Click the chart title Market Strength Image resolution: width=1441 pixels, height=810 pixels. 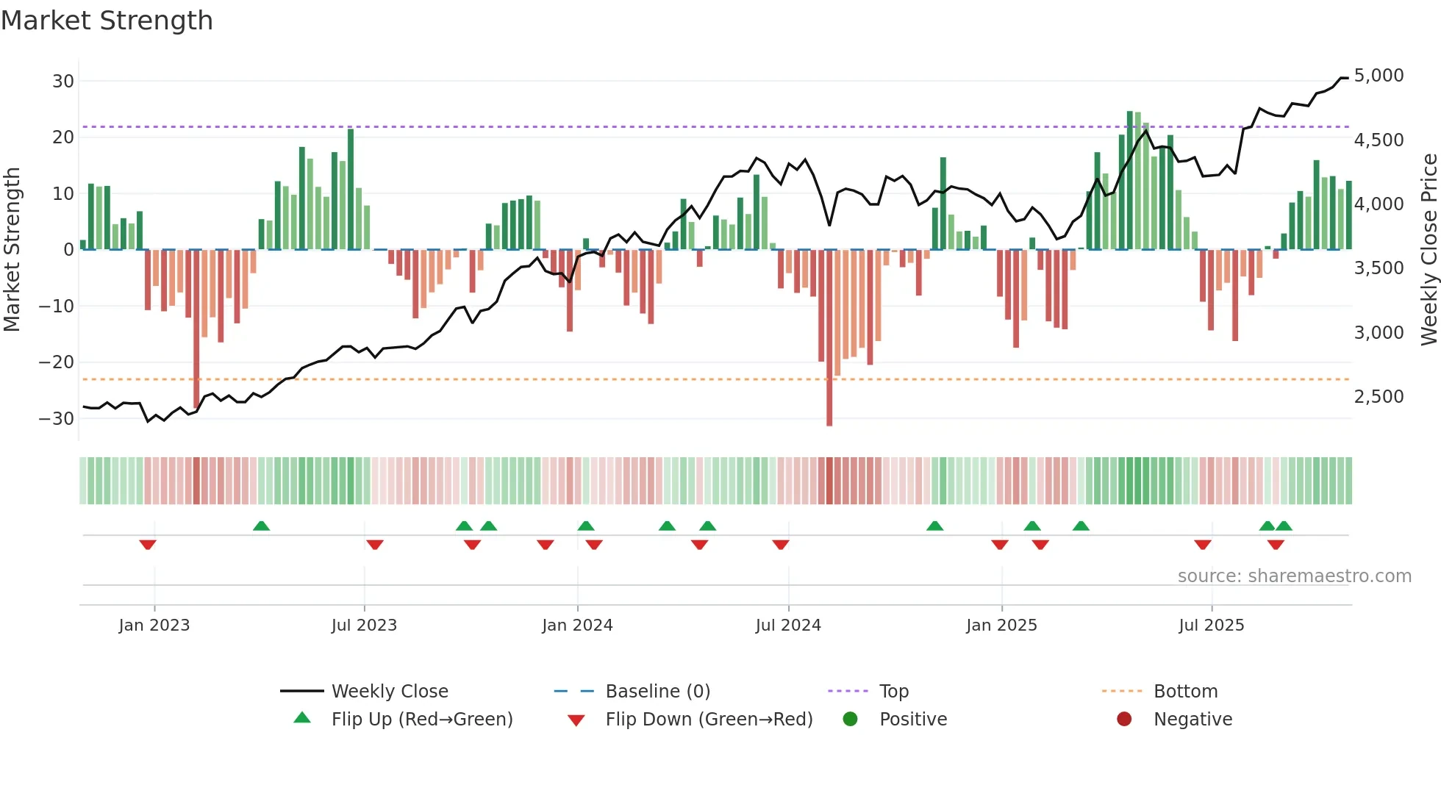click(x=107, y=21)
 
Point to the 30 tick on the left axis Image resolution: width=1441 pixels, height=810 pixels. click(x=63, y=82)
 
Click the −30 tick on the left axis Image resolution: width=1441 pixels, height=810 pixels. click(x=56, y=419)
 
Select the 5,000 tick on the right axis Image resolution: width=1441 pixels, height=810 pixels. click(x=1379, y=76)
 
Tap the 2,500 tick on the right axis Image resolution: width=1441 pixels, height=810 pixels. click(x=1379, y=397)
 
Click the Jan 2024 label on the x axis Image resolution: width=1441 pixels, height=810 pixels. click(x=577, y=626)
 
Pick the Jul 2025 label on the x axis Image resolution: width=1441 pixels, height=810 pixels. click(x=1211, y=626)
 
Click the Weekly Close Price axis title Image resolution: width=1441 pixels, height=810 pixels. click(x=1429, y=250)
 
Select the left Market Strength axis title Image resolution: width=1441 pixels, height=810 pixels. click(x=12, y=250)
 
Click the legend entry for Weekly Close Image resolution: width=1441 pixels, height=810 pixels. click(x=390, y=692)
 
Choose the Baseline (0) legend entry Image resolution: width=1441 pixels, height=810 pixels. click(x=657, y=692)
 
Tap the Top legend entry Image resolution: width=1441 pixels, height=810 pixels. click(x=894, y=692)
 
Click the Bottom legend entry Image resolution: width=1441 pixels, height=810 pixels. click(x=1185, y=692)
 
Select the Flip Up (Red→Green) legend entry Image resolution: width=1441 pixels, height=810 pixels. click(x=421, y=720)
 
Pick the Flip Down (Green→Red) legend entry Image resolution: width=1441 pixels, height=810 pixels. click(x=709, y=720)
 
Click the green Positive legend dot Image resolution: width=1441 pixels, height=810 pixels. click(x=851, y=720)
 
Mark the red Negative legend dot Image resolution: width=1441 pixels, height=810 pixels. click(x=1124, y=720)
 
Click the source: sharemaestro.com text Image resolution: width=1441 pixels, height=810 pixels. click(x=1294, y=576)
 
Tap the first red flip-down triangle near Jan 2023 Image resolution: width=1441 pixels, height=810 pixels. click(x=148, y=545)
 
